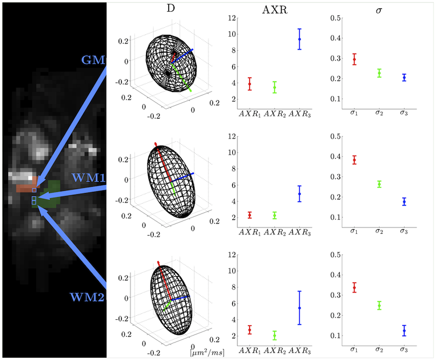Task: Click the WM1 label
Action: click(x=88, y=176)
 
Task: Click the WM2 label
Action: click(x=87, y=297)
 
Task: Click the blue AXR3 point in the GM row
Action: click(x=299, y=39)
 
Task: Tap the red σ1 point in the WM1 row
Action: click(x=354, y=160)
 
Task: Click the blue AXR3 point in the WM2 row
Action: click(x=299, y=308)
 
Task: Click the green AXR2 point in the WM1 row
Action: click(x=275, y=215)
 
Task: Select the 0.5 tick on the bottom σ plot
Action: click(x=334, y=255)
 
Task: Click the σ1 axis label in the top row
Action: click(x=354, y=113)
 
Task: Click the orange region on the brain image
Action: click(x=26, y=186)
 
